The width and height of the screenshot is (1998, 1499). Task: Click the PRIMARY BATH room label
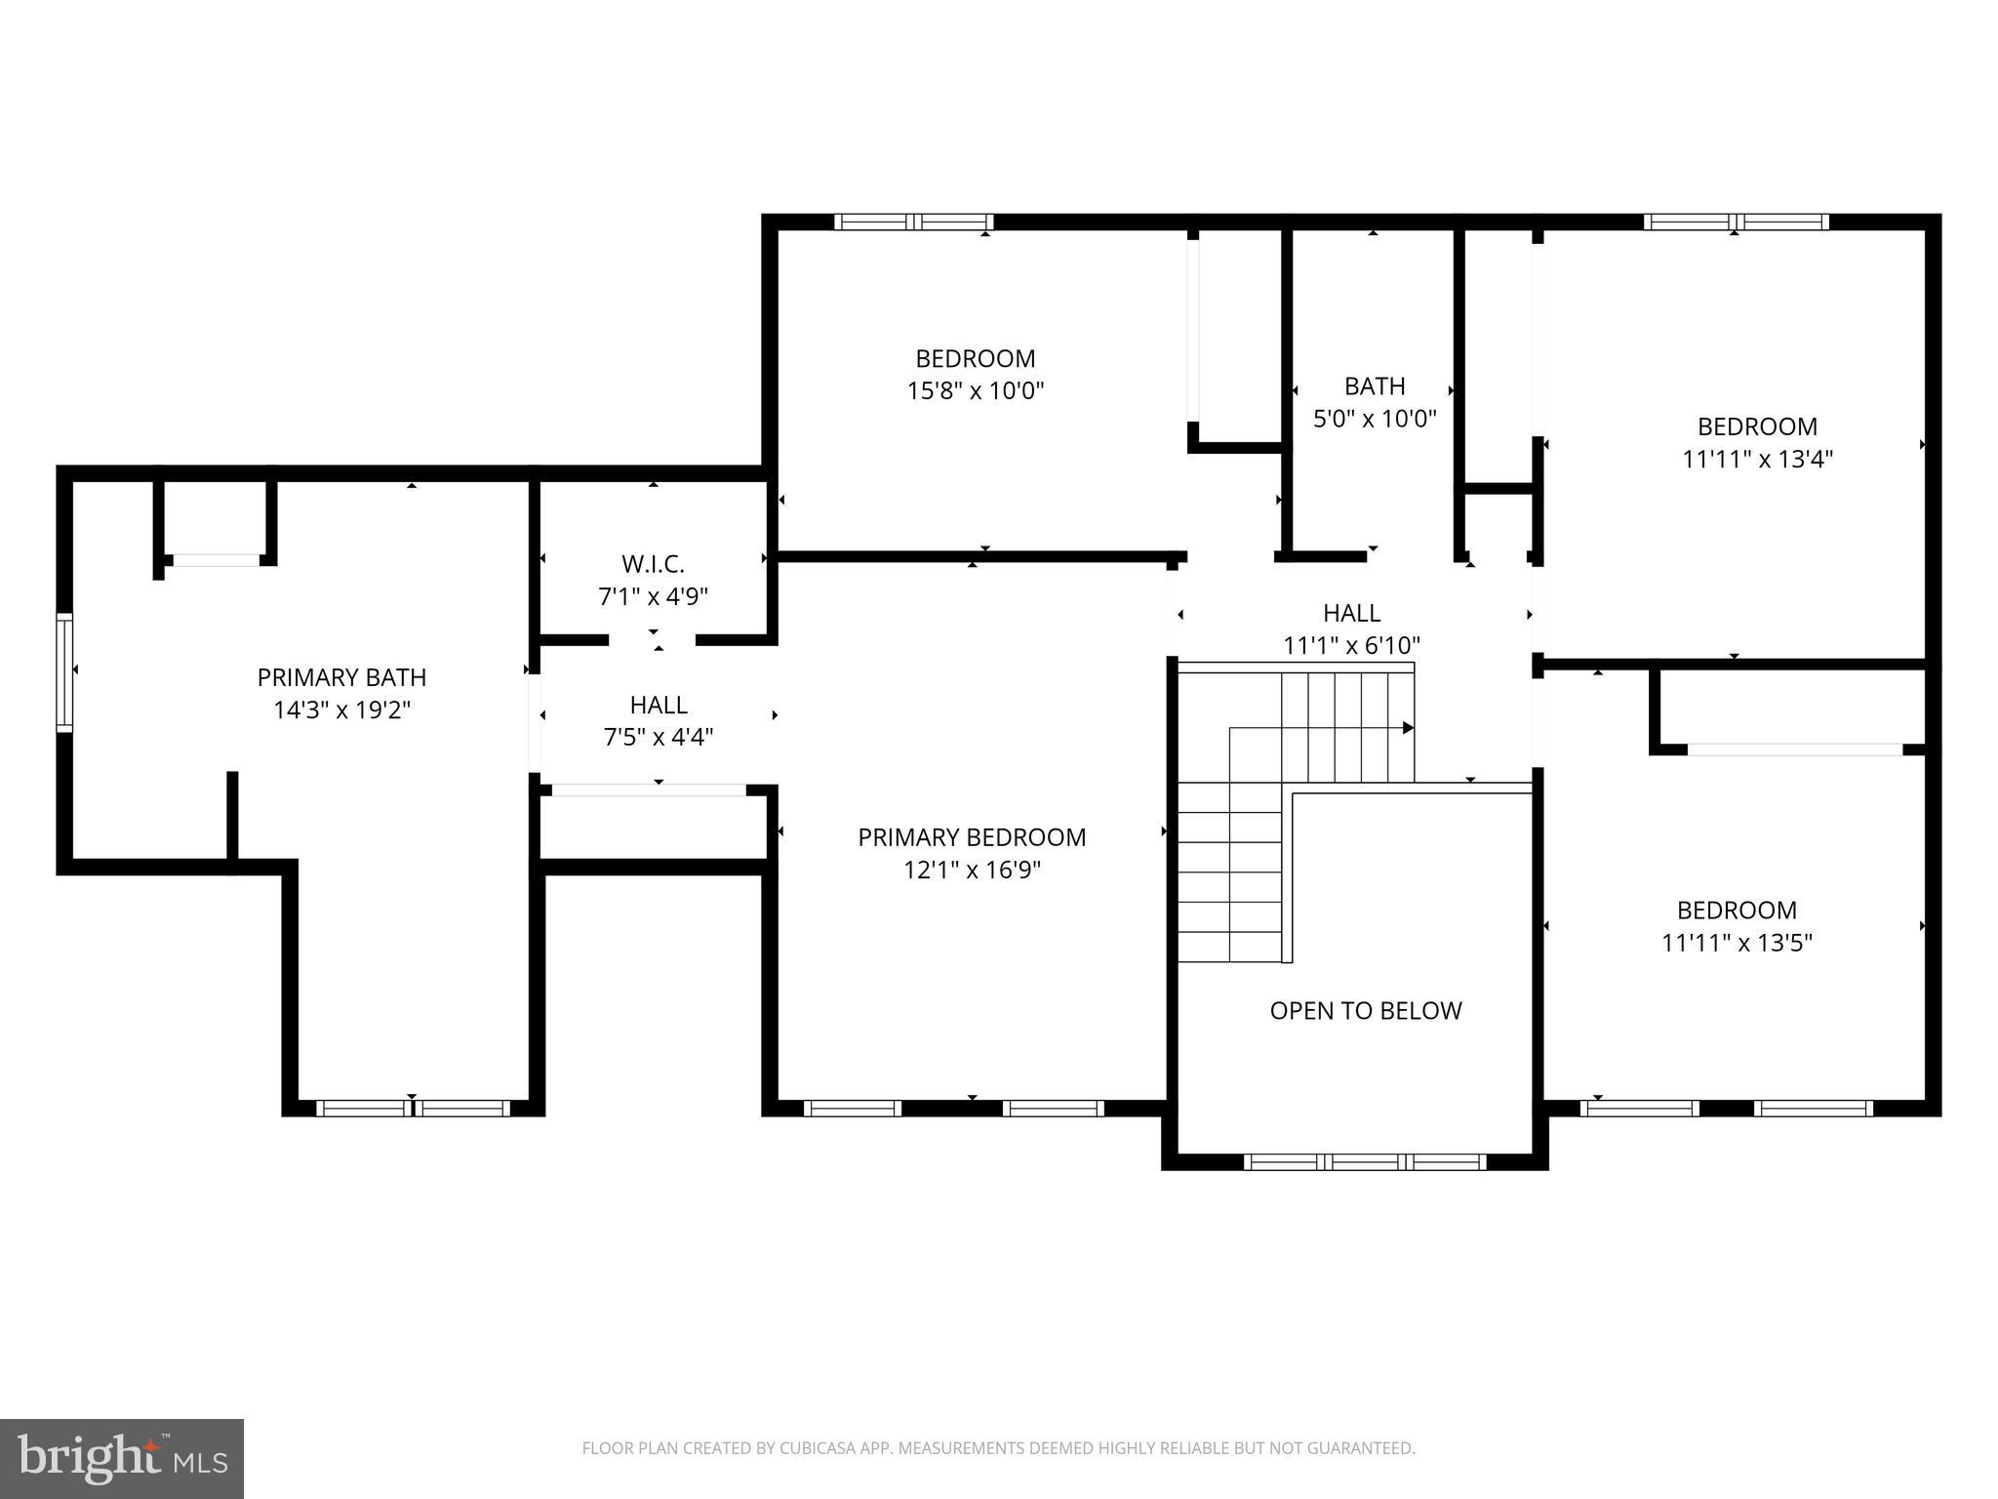(341, 676)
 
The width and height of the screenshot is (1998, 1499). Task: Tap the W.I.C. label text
(653, 564)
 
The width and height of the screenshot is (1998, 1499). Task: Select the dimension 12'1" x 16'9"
(972, 870)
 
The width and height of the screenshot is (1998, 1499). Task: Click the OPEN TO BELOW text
(1365, 1010)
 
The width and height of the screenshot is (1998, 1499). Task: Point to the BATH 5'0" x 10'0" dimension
(1375, 419)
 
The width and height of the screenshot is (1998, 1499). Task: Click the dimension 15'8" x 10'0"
(975, 391)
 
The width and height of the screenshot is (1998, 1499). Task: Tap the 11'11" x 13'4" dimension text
(1757, 459)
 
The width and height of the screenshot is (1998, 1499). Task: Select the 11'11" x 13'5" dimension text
(1737, 943)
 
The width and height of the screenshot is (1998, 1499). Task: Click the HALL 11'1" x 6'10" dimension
(1351, 645)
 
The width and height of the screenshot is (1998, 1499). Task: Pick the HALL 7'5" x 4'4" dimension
(659, 737)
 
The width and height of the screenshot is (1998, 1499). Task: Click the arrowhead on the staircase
(1408, 728)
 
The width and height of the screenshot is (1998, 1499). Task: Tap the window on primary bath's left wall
(64, 671)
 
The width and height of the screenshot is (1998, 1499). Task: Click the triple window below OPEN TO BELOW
(1365, 1161)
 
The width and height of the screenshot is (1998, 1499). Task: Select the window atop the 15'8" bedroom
(913, 222)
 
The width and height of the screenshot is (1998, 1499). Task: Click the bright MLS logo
(122, 1457)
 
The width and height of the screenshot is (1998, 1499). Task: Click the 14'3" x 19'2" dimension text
(341, 709)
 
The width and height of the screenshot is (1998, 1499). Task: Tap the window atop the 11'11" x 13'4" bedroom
(1736, 222)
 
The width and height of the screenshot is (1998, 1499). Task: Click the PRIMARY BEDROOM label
(972, 837)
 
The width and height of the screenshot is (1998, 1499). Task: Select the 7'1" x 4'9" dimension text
(653, 596)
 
